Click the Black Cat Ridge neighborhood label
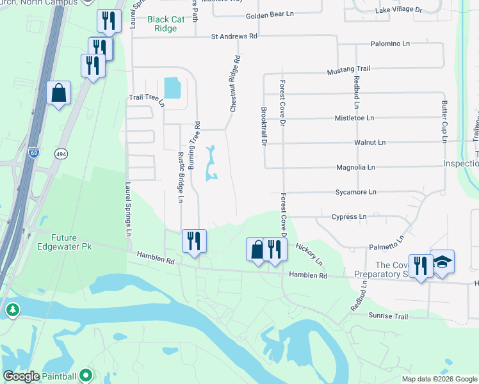coord(162,24)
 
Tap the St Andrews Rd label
coord(234,37)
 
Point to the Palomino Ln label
coord(390,44)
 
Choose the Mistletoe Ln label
coord(354,118)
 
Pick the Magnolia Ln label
coord(355,167)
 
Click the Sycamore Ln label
coord(355,192)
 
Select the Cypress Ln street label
coord(349,217)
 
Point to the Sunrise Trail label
coord(388,316)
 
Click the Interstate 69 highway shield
coord(34,154)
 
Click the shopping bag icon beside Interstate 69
coord(59,93)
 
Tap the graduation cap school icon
coord(442,262)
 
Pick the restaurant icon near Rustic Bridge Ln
coord(194,241)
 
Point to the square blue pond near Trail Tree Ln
coord(172,87)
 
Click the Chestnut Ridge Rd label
coord(236,84)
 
